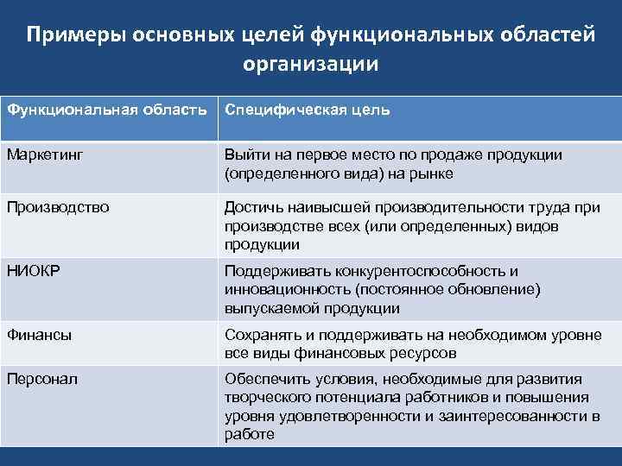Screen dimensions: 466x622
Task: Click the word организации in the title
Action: tap(310, 64)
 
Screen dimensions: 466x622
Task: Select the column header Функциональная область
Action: tap(106, 110)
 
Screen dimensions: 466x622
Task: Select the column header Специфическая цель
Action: tap(307, 110)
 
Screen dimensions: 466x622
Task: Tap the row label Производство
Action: tap(57, 207)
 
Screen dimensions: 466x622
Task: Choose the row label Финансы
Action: tap(39, 333)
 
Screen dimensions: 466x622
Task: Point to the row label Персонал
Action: tap(42, 379)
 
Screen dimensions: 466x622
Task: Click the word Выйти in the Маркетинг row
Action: tap(245, 155)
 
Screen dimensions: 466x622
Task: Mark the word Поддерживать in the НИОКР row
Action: tap(275, 270)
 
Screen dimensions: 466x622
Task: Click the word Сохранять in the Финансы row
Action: tap(260, 333)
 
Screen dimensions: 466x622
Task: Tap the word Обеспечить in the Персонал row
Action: tap(264, 379)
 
